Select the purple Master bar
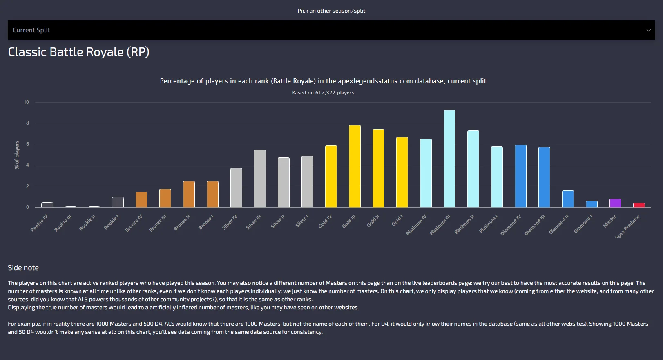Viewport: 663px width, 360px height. click(x=615, y=203)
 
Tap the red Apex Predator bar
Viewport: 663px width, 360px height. click(x=639, y=205)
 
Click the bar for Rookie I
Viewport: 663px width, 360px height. click(x=118, y=202)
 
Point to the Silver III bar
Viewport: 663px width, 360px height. click(x=260, y=179)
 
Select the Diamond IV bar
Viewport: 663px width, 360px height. click(x=520, y=176)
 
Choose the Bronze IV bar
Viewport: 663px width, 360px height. click(x=141, y=199)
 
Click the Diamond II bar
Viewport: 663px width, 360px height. click(x=568, y=199)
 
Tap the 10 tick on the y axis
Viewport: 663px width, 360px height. click(x=26, y=102)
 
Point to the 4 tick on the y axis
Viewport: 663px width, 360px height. click(x=27, y=165)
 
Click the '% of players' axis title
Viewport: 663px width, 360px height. click(x=17, y=155)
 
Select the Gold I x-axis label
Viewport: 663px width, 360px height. click(x=397, y=220)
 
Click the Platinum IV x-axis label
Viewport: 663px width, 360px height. click(x=416, y=225)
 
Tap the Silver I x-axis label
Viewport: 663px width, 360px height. click(x=302, y=221)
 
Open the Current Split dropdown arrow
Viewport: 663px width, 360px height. click(x=648, y=30)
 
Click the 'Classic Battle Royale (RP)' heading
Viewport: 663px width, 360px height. click(x=78, y=52)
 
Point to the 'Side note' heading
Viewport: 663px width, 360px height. click(x=23, y=268)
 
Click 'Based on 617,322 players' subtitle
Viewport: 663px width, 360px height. click(x=323, y=93)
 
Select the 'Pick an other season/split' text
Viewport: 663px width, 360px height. click(x=331, y=11)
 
